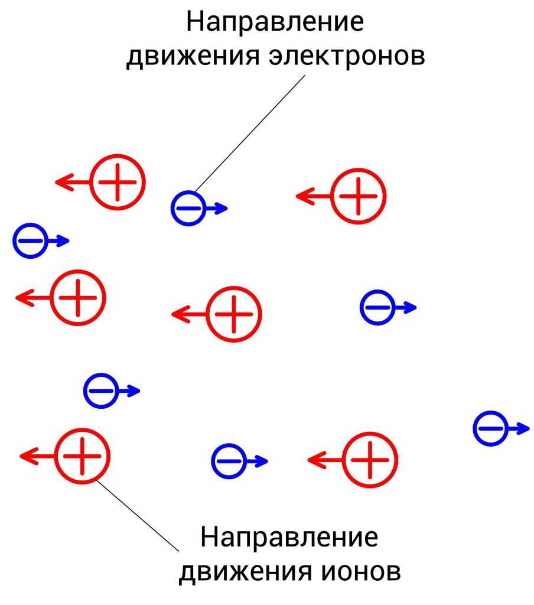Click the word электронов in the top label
(x=347, y=57)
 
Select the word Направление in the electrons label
(x=275, y=22)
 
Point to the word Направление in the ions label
(x=289, y=538)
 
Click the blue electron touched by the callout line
(x=188, y=208)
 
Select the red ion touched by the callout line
(x=83, y=456)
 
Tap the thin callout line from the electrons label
(x=248, y=130)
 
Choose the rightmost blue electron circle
(x=490, y=428)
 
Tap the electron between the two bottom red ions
(x=229, y=461)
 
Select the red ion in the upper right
(x=358, y=196)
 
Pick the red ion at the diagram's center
(x=234, y=314)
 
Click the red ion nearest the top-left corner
(x=118, y=182)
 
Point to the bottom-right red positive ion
(x=370, y=460)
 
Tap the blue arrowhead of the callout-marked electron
(x=222, y=208)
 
